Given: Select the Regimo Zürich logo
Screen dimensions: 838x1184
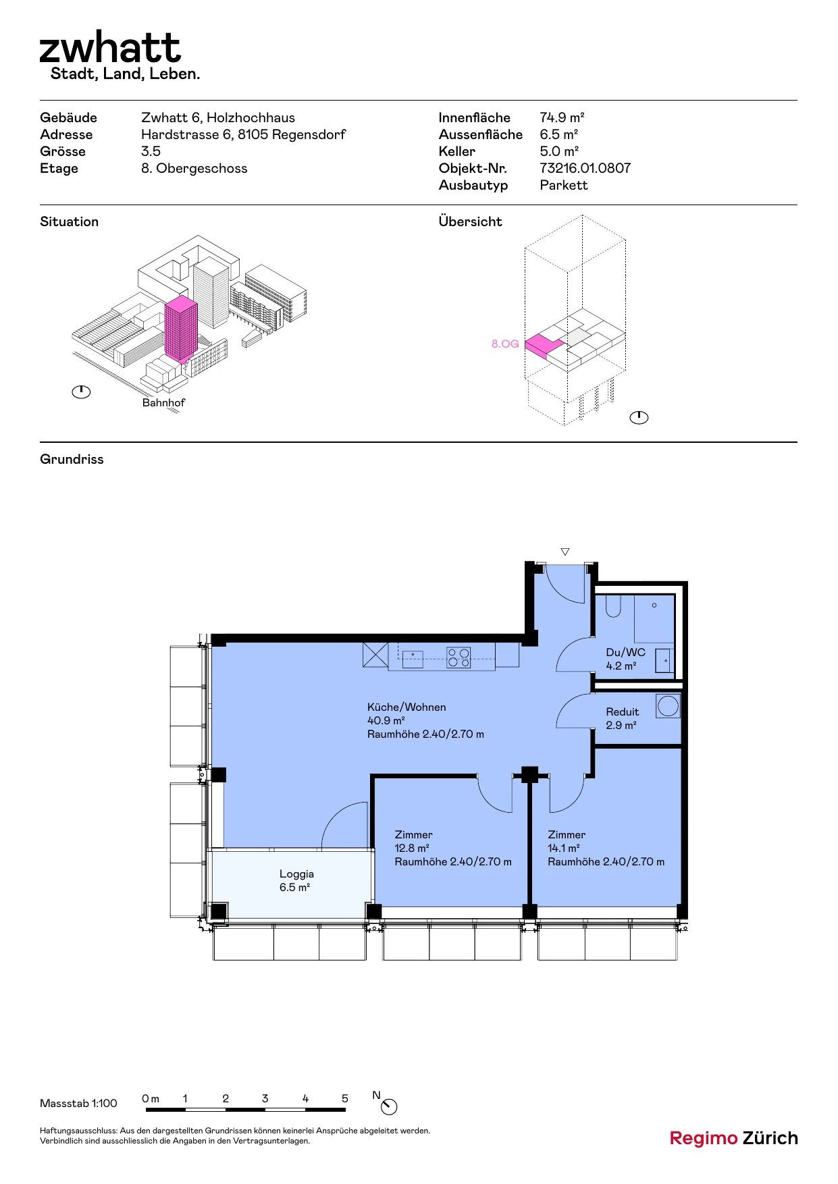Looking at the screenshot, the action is click(733, 1139).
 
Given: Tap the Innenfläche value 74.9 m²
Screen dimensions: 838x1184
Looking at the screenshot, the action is click(562, 117).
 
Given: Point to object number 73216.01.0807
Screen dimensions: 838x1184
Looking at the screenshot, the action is click(585, 168).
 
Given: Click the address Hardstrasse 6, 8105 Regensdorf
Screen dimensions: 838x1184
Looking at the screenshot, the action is click(243, 134).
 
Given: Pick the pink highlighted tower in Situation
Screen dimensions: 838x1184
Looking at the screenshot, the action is click(181, 328).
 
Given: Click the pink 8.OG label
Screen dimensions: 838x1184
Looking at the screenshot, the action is click(505, 344).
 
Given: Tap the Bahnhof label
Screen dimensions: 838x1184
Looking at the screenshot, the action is click(163, 402).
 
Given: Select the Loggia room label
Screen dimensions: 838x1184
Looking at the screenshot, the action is click(296, 873).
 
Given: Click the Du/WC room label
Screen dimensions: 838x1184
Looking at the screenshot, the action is click(625, 652).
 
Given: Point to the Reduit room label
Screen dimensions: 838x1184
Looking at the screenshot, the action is click(622, 711).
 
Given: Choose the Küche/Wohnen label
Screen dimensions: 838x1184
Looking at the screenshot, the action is click(407, 707).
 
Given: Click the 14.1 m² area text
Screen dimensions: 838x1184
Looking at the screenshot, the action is click(564, 848).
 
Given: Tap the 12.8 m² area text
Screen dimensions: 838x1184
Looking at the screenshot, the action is click(412, 848).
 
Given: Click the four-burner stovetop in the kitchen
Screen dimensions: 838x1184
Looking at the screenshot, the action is click(459, 657).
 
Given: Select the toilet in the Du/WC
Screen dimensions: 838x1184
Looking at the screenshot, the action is click(613, 606).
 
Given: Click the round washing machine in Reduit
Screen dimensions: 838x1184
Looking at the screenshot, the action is click(668, 706).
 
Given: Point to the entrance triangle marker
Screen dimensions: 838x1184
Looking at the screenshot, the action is click(565, 551).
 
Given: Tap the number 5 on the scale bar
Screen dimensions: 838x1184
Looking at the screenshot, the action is click(345, 1098).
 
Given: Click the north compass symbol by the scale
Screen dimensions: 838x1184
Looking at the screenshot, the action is click(389, 1106).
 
